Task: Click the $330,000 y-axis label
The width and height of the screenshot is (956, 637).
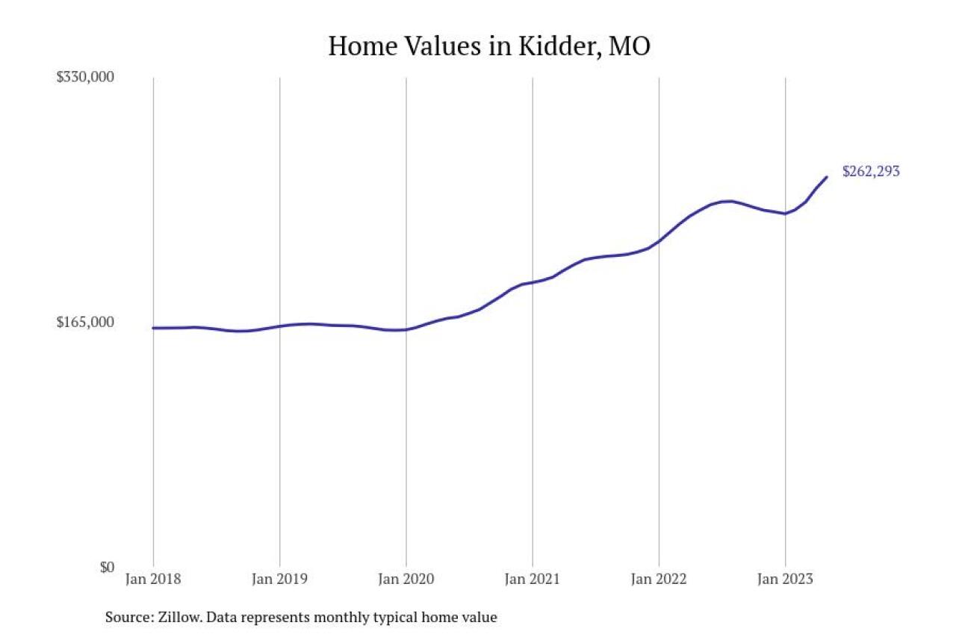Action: [x=85, y=78]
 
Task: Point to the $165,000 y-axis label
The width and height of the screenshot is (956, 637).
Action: [x=85, y=323]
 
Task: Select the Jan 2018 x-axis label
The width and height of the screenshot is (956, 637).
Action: [x=153, y=579]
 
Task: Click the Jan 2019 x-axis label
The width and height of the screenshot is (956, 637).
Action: [x=279, y=579]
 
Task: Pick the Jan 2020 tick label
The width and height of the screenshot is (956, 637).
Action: [x=406, y=579]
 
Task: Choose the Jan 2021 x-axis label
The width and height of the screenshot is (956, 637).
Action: [x=532, y=579]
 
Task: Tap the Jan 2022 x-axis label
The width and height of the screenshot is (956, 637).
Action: [x=658, y=579]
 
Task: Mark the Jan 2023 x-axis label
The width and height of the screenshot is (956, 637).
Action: [x=785, y=579]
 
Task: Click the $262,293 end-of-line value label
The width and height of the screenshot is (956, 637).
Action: [x=871, y=171]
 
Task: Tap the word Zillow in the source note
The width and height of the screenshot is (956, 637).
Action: [x=179, y=618]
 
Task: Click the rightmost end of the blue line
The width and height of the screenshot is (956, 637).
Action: [x=827, y=177]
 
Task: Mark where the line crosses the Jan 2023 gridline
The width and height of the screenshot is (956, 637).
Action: [x=785, y=214]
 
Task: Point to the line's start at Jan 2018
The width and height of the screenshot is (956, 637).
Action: [x=153, y=328]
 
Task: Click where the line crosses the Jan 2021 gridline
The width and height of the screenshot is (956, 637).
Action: [x=532, y=282]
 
